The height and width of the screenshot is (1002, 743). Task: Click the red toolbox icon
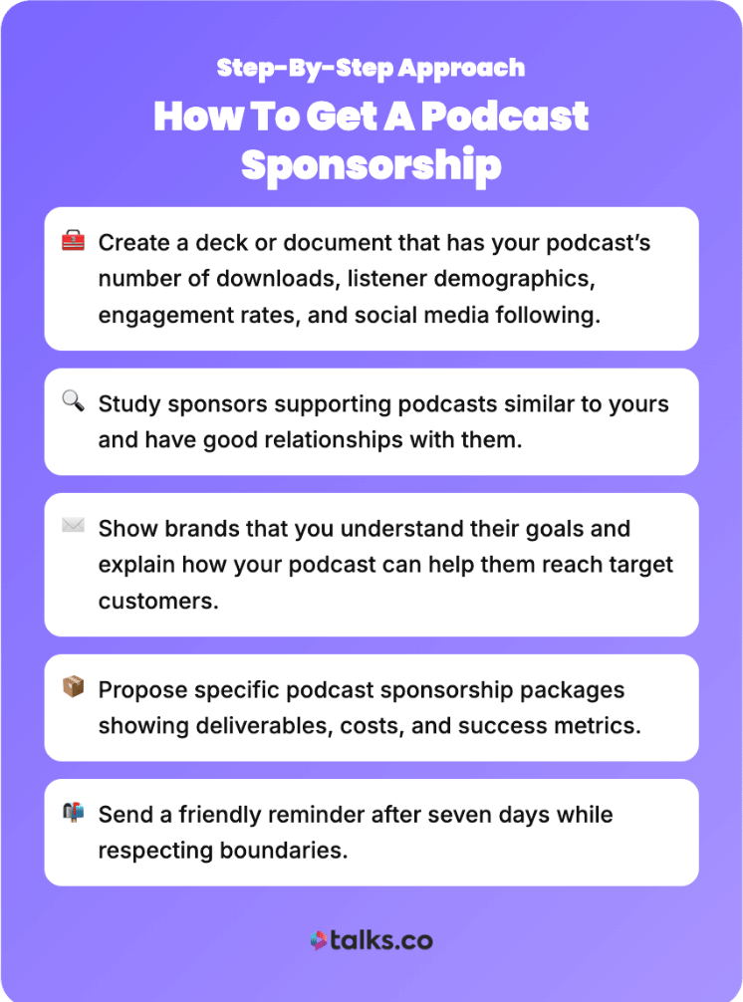point(73,241)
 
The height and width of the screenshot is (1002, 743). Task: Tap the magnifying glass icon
point(73,402)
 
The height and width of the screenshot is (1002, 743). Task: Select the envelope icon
point(73,526)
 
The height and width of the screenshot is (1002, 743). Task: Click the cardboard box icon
point(73,688)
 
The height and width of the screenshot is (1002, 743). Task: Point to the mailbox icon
point(73,813)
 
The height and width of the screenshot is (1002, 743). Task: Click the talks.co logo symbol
point(319,940)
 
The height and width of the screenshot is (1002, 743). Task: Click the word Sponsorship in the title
point(371,165)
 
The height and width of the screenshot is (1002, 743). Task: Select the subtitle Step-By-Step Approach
point(371,69)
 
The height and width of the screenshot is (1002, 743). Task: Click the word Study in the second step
point(126,403)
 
